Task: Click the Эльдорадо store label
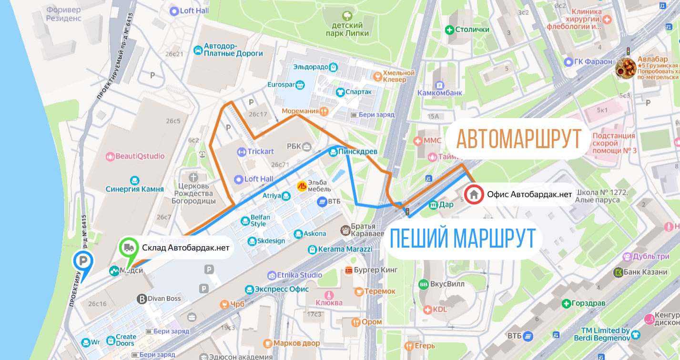[311, 67]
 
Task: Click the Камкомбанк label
[440, 93]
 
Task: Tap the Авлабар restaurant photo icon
[626, 67]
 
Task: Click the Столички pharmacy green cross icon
[449, 30]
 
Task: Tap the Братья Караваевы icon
[345, 230]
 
